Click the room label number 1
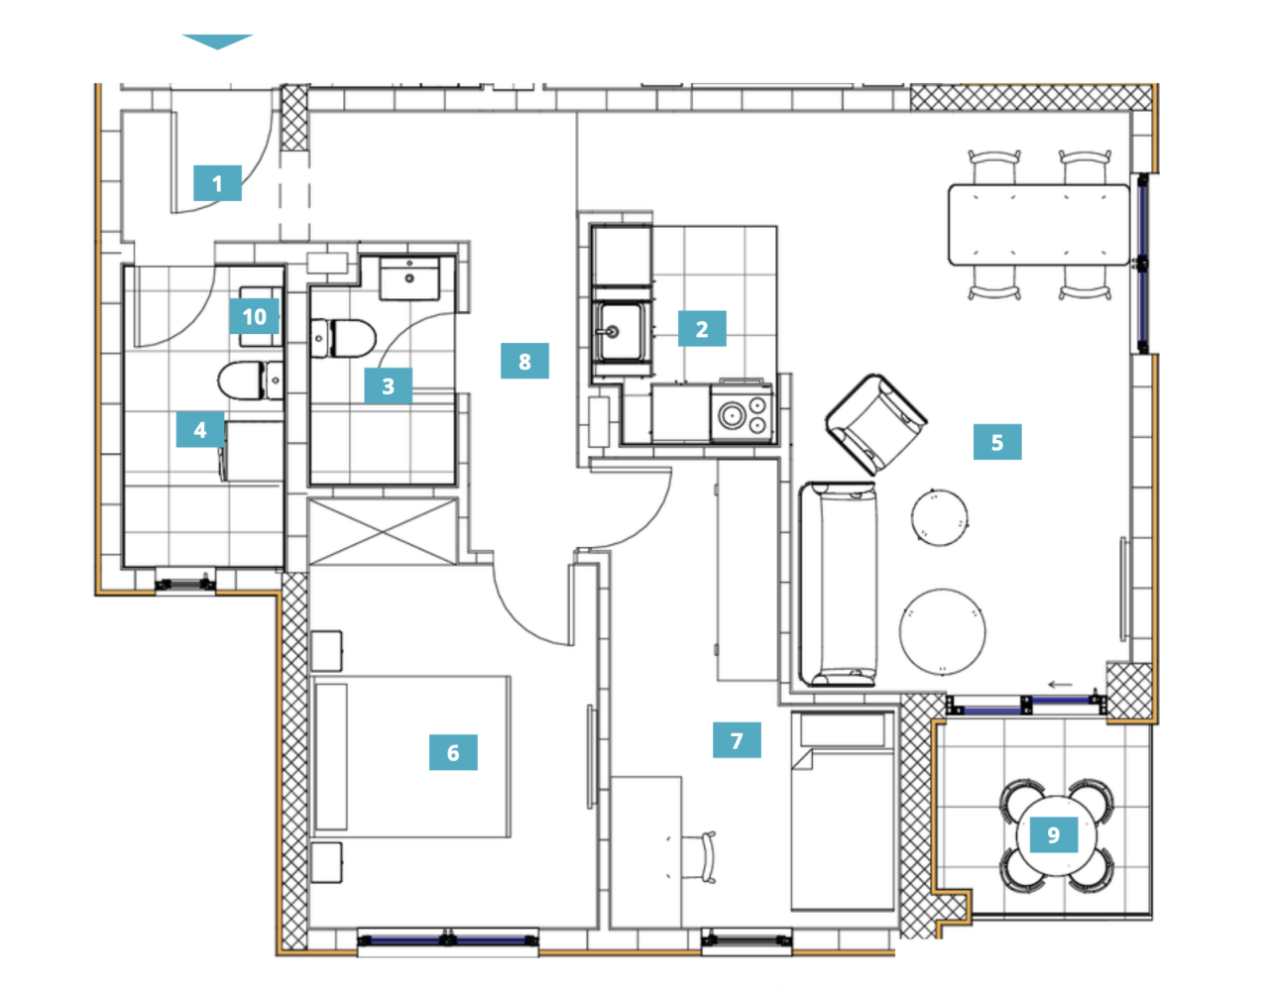click(x=217, y=183)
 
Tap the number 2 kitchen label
click(x=702, y=329)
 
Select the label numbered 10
click(x=254, y=316)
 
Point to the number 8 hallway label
click(x=524, y=362)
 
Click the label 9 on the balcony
click(x=1054, y=834)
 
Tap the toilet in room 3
click(x=343, y=338)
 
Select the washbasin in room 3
click(x=408, y=277)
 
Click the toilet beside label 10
click(x=251, y=381)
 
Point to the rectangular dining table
click(x=1039, y=225)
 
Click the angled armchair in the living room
click(x=876, y=424)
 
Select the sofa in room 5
click(x=838, y=584)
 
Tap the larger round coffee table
click(x=943, y=631)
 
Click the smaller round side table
click(x=939, y=517)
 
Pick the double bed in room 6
click(x=411, y=756)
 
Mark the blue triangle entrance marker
click(x=217, y=42)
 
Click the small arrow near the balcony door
click(x=1061, y=685)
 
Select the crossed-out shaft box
click(x=383, y=531)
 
